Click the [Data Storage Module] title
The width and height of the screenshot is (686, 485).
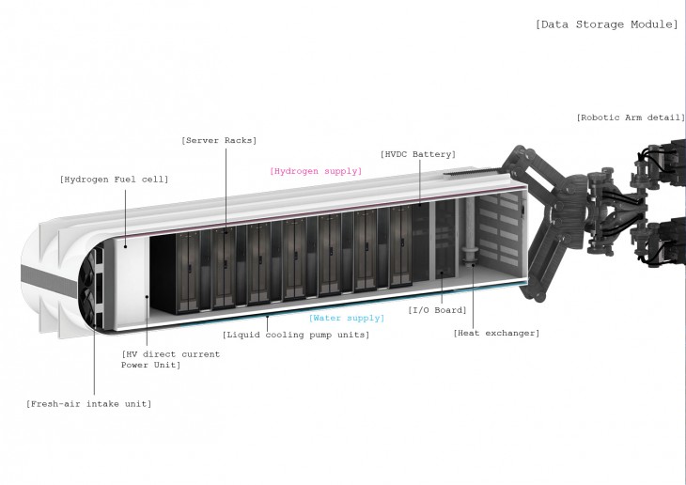pos(605,24)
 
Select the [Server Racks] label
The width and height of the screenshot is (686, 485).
pos(219,141)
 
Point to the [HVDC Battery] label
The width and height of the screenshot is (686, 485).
pos(418,153)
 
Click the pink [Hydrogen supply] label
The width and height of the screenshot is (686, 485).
pos(315,171)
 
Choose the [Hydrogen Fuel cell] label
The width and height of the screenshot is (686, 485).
pos(114,179)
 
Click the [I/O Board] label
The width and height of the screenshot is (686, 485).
pos(436,309)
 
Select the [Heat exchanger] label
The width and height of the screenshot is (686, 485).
pos(496,333)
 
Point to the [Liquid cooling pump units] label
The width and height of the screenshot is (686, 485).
pos(295,335)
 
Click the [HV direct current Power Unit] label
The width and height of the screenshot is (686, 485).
pos(170,359)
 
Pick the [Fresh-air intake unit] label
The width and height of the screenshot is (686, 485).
pos(88,403)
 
